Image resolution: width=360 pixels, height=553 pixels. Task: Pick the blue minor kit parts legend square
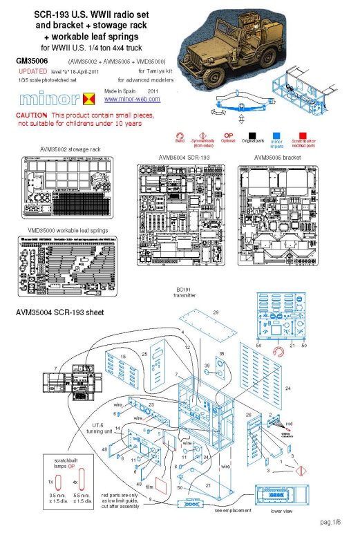point(276,135)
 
